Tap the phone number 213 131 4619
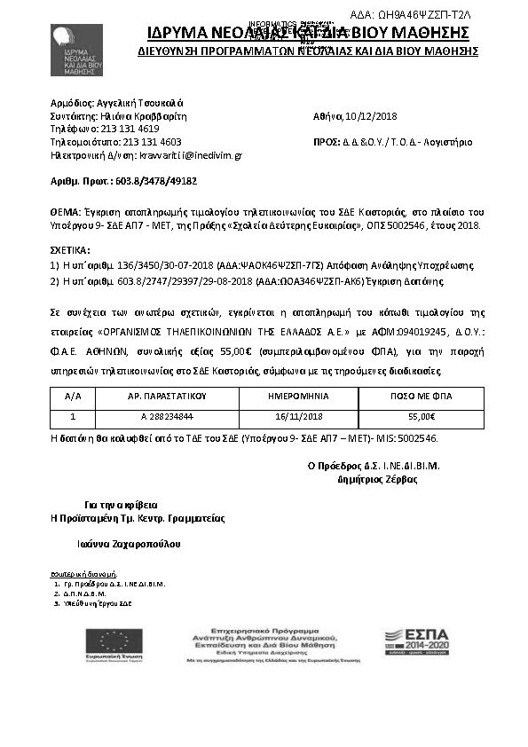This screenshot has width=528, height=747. [x=130, y=129]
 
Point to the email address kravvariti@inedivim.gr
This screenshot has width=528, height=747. [x=185, y=154]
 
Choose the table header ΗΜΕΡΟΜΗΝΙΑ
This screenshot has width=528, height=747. [x=297, y=397]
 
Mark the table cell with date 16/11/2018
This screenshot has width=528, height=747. [x=297, y=415]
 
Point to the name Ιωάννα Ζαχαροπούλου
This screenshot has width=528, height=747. [x=132, y=544]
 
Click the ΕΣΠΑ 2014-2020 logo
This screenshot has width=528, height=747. [x=414, y=639]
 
